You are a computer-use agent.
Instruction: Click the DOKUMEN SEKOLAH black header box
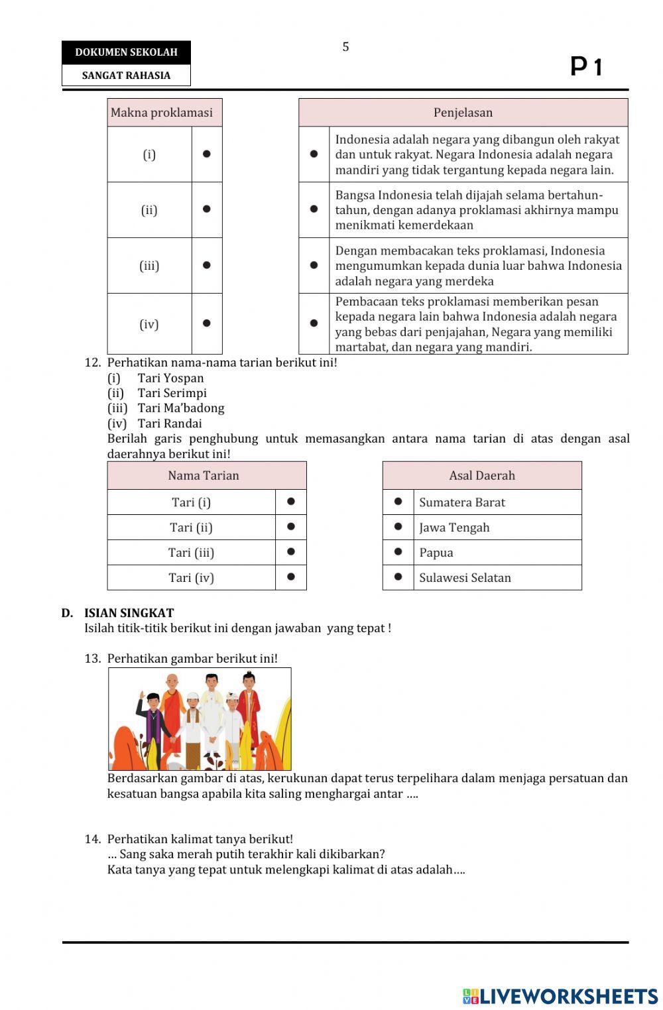point(126,52)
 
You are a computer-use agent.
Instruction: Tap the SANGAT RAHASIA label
point(126,76)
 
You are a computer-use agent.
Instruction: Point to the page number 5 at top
point(345,47)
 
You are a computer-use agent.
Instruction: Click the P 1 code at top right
point(586,67)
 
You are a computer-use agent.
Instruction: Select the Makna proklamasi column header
point(162,113)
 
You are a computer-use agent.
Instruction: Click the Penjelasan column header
point(463,113)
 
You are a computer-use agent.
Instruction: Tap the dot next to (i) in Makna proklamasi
point(207,154)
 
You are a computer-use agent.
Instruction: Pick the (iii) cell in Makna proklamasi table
point(149,266)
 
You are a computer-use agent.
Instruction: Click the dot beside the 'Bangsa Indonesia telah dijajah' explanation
point(314,209)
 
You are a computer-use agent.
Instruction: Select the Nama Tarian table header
point(204,475)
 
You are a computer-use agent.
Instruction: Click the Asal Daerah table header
point(482,475)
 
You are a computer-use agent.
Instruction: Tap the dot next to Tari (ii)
point(291,527)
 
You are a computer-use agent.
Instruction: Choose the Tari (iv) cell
point(191,577)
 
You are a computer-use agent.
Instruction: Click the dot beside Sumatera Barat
point(398,502)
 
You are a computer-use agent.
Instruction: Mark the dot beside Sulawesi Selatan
point(398,577)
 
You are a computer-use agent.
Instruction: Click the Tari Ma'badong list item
point(180,408)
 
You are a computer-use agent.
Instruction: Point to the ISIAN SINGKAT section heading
point(129,613)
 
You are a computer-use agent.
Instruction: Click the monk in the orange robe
point(172,712)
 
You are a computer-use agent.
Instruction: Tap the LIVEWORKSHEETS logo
point(560,996)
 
